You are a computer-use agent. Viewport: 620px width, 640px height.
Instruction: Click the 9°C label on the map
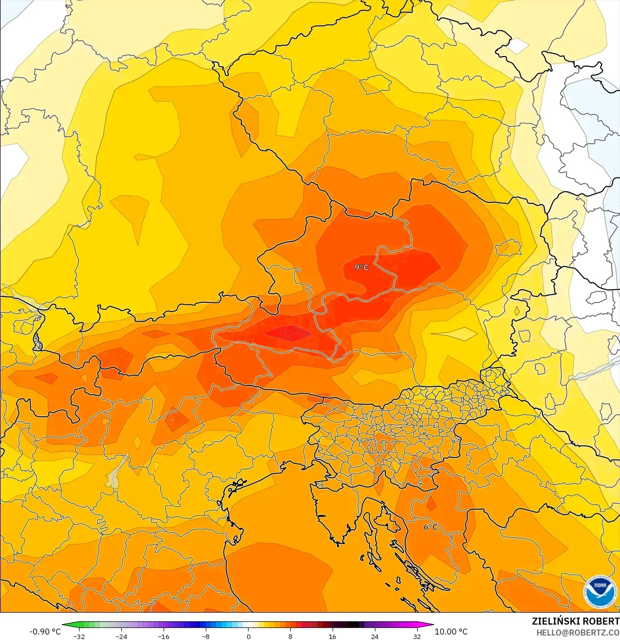(361, 268)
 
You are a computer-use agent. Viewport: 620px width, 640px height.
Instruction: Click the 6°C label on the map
(431, 527)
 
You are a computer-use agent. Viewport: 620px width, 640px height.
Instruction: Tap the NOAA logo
(601, 591)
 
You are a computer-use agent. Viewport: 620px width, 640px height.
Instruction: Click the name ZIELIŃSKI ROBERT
(575, 621)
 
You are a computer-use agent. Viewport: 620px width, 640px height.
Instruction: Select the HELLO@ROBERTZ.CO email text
(578, 633)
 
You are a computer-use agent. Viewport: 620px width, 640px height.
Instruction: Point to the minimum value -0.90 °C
(45, 632)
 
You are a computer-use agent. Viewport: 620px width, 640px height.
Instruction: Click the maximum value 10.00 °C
(451, 632)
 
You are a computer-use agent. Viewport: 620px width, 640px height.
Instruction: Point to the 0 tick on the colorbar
(248, 637)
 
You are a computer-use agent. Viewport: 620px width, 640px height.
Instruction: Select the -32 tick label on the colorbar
(79, 637)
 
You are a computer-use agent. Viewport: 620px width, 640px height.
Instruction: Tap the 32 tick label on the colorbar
(417, 637)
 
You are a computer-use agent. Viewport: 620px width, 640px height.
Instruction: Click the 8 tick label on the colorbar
(290, 637)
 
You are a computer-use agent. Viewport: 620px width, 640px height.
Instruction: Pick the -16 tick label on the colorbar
(164, 637)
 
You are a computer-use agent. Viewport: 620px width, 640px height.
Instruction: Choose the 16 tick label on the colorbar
(333, 637)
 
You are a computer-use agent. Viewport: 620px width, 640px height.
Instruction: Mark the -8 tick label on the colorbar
(206, 637)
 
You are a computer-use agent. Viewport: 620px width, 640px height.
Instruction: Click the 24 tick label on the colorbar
(375, 637)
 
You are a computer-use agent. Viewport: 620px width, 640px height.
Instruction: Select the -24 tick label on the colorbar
(121, 637)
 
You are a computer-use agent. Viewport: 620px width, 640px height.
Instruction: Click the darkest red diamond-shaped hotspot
(287, 333)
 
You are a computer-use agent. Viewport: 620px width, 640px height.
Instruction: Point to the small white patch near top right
(518, 46)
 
